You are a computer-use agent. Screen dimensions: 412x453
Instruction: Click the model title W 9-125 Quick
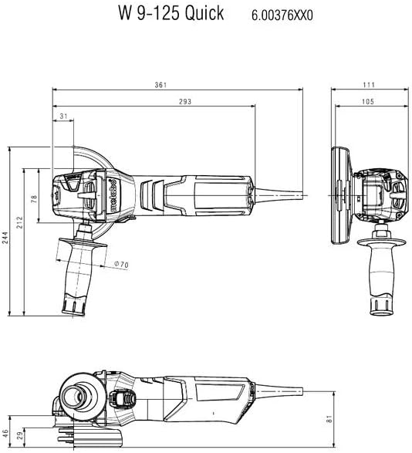coord(171,13)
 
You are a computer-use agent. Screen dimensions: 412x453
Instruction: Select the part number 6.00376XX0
coord(282,15)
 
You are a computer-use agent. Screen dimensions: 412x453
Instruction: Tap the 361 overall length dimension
coord(160,85)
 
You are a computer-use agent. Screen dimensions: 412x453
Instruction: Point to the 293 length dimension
coord(185,101)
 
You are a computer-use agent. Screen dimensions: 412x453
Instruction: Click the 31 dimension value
coord(63,116)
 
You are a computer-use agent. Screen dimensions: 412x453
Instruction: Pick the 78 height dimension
coord(34,199)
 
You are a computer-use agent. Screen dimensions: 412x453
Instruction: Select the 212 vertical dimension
coord(19,222)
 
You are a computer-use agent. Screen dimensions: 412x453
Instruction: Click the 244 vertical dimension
coord(5,238)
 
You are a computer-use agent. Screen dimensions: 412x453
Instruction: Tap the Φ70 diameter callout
coord(121,264)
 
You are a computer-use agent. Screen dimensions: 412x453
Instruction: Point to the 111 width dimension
coord(369,85)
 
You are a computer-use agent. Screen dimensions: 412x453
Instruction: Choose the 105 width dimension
coord(368,101)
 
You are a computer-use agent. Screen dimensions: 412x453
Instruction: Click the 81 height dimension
coord(329,419)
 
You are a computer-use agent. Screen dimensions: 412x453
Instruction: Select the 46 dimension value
coord(5,434)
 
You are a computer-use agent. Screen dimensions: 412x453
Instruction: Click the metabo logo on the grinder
coord(113,195)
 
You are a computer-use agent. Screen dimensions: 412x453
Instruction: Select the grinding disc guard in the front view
coord(341,195)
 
